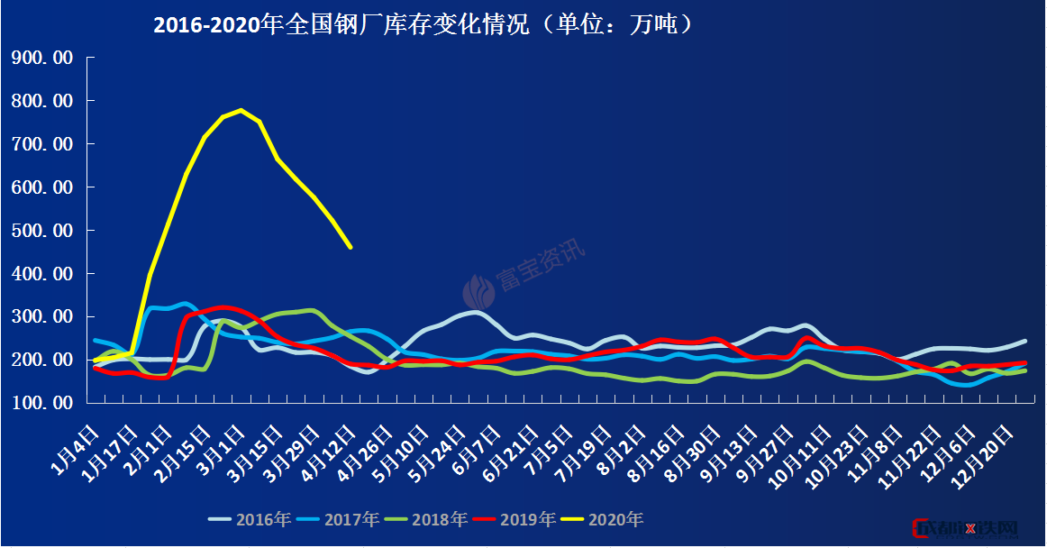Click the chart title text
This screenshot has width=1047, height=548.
(423, 25)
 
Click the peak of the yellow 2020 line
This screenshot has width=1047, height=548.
(241, 110)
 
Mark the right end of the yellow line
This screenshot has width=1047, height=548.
(351, 247)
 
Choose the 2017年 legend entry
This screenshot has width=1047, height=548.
(338, 519)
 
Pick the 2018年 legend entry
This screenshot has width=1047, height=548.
(426, 519)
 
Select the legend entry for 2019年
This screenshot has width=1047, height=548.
(514, 519)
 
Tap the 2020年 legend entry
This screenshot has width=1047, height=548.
(602, 519)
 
